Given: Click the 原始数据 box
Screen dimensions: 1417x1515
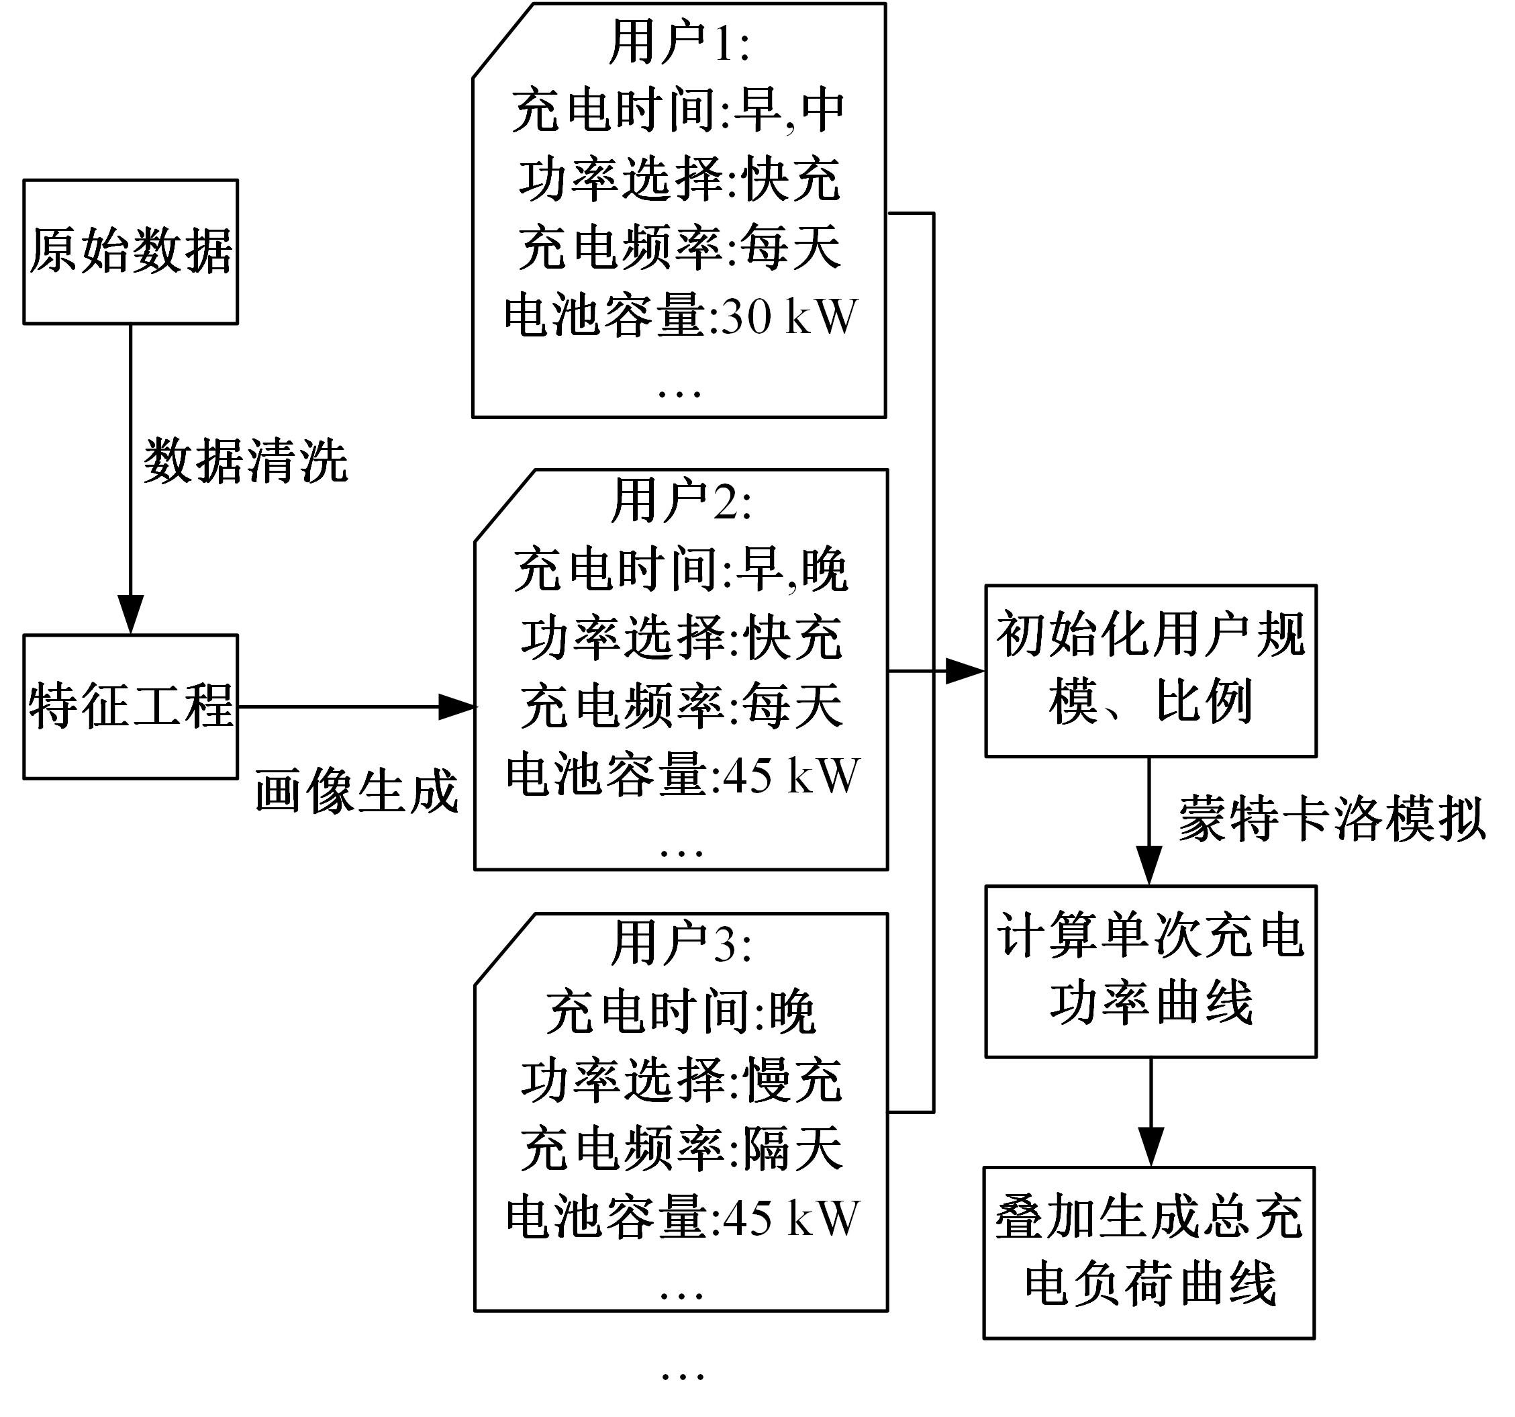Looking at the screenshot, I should click(130, 252).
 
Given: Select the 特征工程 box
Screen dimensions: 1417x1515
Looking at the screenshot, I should click(130, 706).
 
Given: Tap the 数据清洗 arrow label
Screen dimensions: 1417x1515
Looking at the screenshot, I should click(246, 461).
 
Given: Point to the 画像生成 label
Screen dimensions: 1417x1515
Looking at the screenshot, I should click(356, 790).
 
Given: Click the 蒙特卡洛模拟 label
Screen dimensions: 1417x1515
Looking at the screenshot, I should click(1331, 819).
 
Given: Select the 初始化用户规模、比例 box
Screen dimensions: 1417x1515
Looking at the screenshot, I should click(1150, 671).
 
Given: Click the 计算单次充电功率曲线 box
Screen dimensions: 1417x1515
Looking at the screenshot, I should click(1150, 970).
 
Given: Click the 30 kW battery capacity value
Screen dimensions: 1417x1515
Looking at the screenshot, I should click(789, 316).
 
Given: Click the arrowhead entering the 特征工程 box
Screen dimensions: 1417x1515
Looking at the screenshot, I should click(130, 614).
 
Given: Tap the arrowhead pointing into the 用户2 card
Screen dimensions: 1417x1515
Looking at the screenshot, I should click(457, 706).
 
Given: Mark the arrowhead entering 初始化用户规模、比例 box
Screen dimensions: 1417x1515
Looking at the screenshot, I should click(965, 672).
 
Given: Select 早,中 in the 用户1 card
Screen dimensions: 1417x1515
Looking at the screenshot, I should click(789, 111).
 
